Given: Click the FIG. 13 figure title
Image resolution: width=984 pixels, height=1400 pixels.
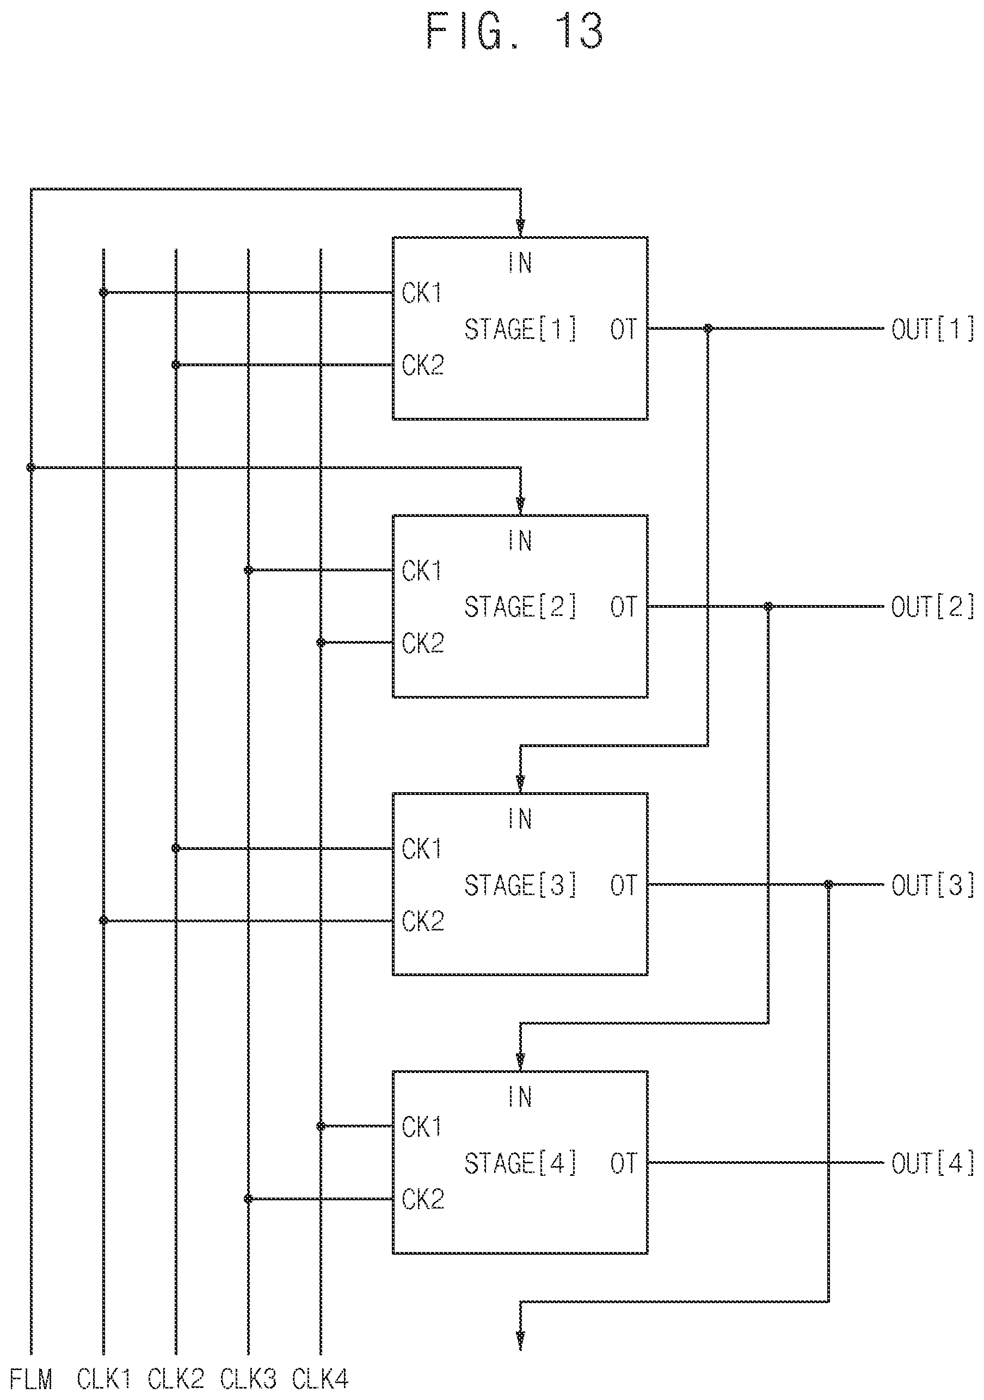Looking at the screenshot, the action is coord(514,31).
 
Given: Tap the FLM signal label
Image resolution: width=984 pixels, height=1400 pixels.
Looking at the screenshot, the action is coord(32,1379).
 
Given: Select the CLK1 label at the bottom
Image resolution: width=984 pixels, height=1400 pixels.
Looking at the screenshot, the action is coord(104,1379).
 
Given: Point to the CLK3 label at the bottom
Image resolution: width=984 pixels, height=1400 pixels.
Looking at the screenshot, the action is coord(248,1379).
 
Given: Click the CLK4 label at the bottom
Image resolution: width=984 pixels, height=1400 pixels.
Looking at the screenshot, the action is coord(320,1379).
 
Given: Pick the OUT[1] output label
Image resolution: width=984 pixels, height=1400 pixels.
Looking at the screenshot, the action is coord(933,329).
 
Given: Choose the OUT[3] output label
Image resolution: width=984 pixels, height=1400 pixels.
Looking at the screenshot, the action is coord(933,885).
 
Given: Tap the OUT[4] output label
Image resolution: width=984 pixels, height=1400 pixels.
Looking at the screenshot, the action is coord(933,1163).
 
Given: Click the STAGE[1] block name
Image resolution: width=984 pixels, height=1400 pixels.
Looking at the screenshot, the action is coord(520,329).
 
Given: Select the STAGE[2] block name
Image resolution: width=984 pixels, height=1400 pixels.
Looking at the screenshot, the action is coord(520,607).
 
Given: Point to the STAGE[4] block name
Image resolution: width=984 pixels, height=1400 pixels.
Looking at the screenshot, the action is coord(520,1163).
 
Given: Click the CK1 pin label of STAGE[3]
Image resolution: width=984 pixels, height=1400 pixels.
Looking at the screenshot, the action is coord(422,849).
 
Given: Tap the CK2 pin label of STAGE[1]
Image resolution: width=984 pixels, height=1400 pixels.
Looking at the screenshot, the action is coord(422,365).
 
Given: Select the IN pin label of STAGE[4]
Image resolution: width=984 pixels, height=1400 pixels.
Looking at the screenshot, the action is coord(520,1097).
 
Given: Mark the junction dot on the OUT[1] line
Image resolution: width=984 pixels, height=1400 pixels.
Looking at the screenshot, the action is coord(708,329).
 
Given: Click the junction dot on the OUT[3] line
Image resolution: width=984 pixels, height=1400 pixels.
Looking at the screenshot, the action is coord(828,885).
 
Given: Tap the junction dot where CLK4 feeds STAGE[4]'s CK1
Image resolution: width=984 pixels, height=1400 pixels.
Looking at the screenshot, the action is coord(320,1126).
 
